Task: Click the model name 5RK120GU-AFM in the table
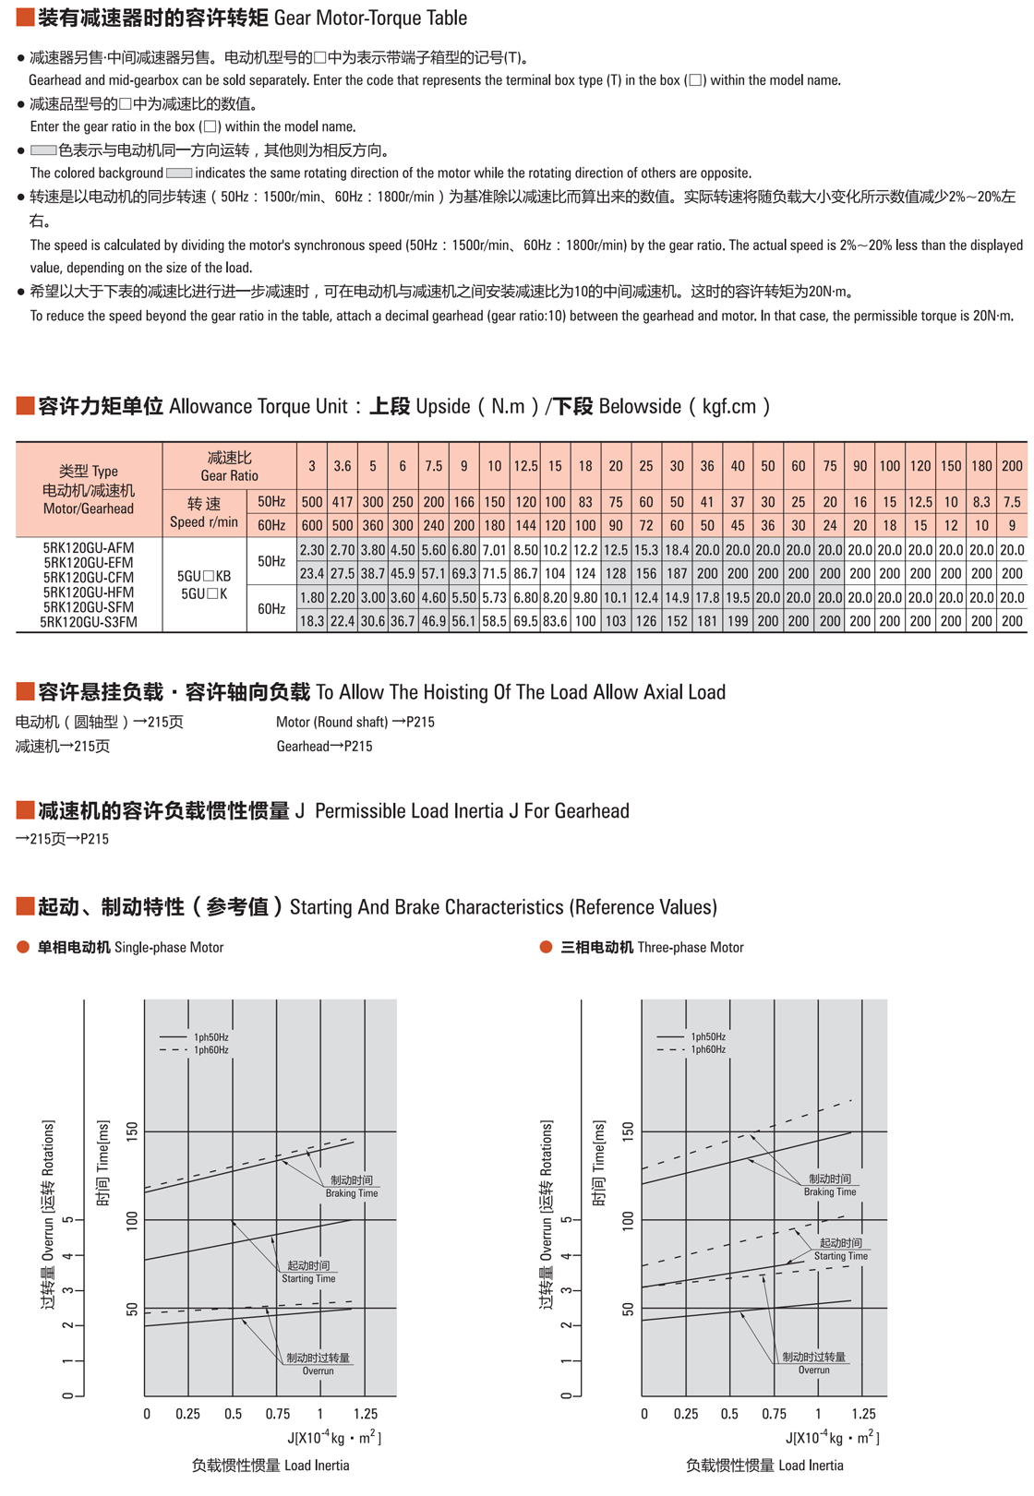point(89,548)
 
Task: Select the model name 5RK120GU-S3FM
point(89,623)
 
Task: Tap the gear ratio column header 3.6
point(343,466)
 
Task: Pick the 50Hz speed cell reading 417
point(343,502)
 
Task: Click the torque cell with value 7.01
point(495,550)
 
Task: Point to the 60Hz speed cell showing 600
point(312,525)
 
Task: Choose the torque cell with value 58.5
point(495,622)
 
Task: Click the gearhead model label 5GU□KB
point(205,577)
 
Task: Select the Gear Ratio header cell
point(229,466)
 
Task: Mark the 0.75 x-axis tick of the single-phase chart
point(277,1414)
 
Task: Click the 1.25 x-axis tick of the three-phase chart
point(862,1414)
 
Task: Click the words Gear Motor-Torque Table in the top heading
point(370,18)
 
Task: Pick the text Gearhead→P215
point(324,746)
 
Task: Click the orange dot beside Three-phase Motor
point(546,948)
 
